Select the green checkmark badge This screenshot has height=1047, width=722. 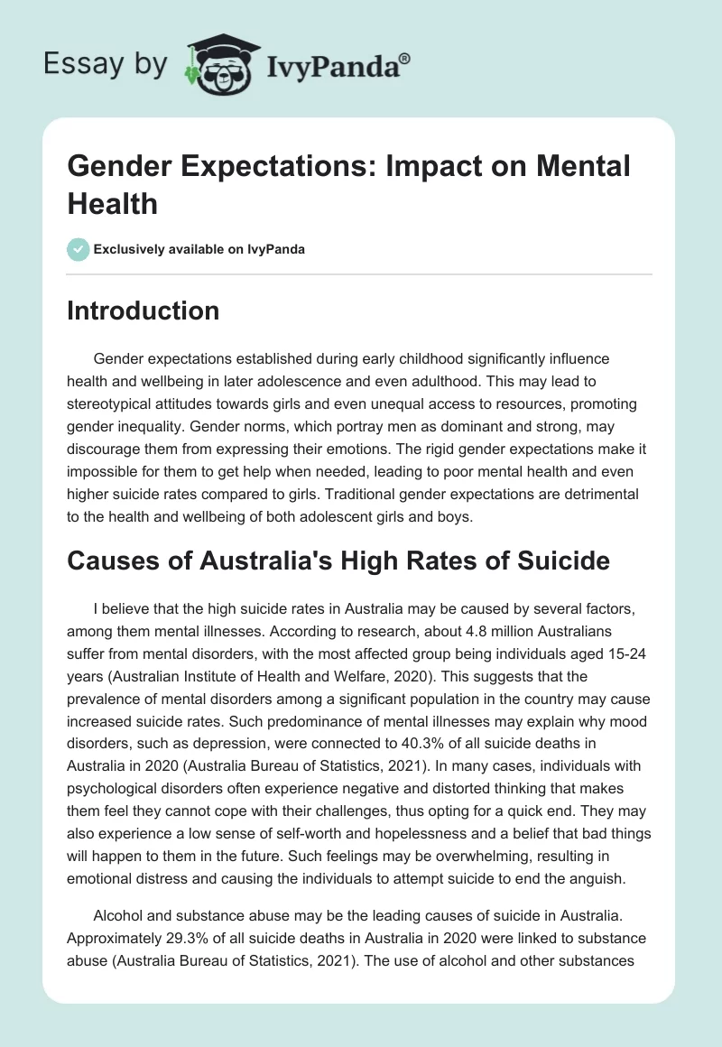[x=79, y=250]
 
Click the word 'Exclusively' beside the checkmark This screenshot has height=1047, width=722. [x=132, y=250]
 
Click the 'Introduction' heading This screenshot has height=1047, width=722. [x=143, y=310]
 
